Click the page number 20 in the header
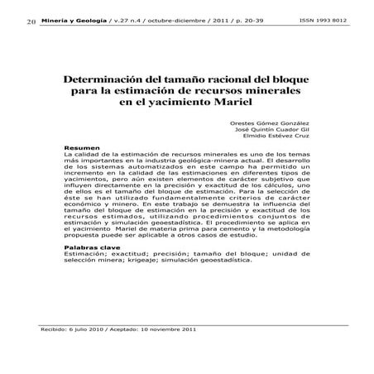point(19,20)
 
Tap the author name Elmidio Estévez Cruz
point(277,138)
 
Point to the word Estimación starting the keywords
point(84,254)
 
